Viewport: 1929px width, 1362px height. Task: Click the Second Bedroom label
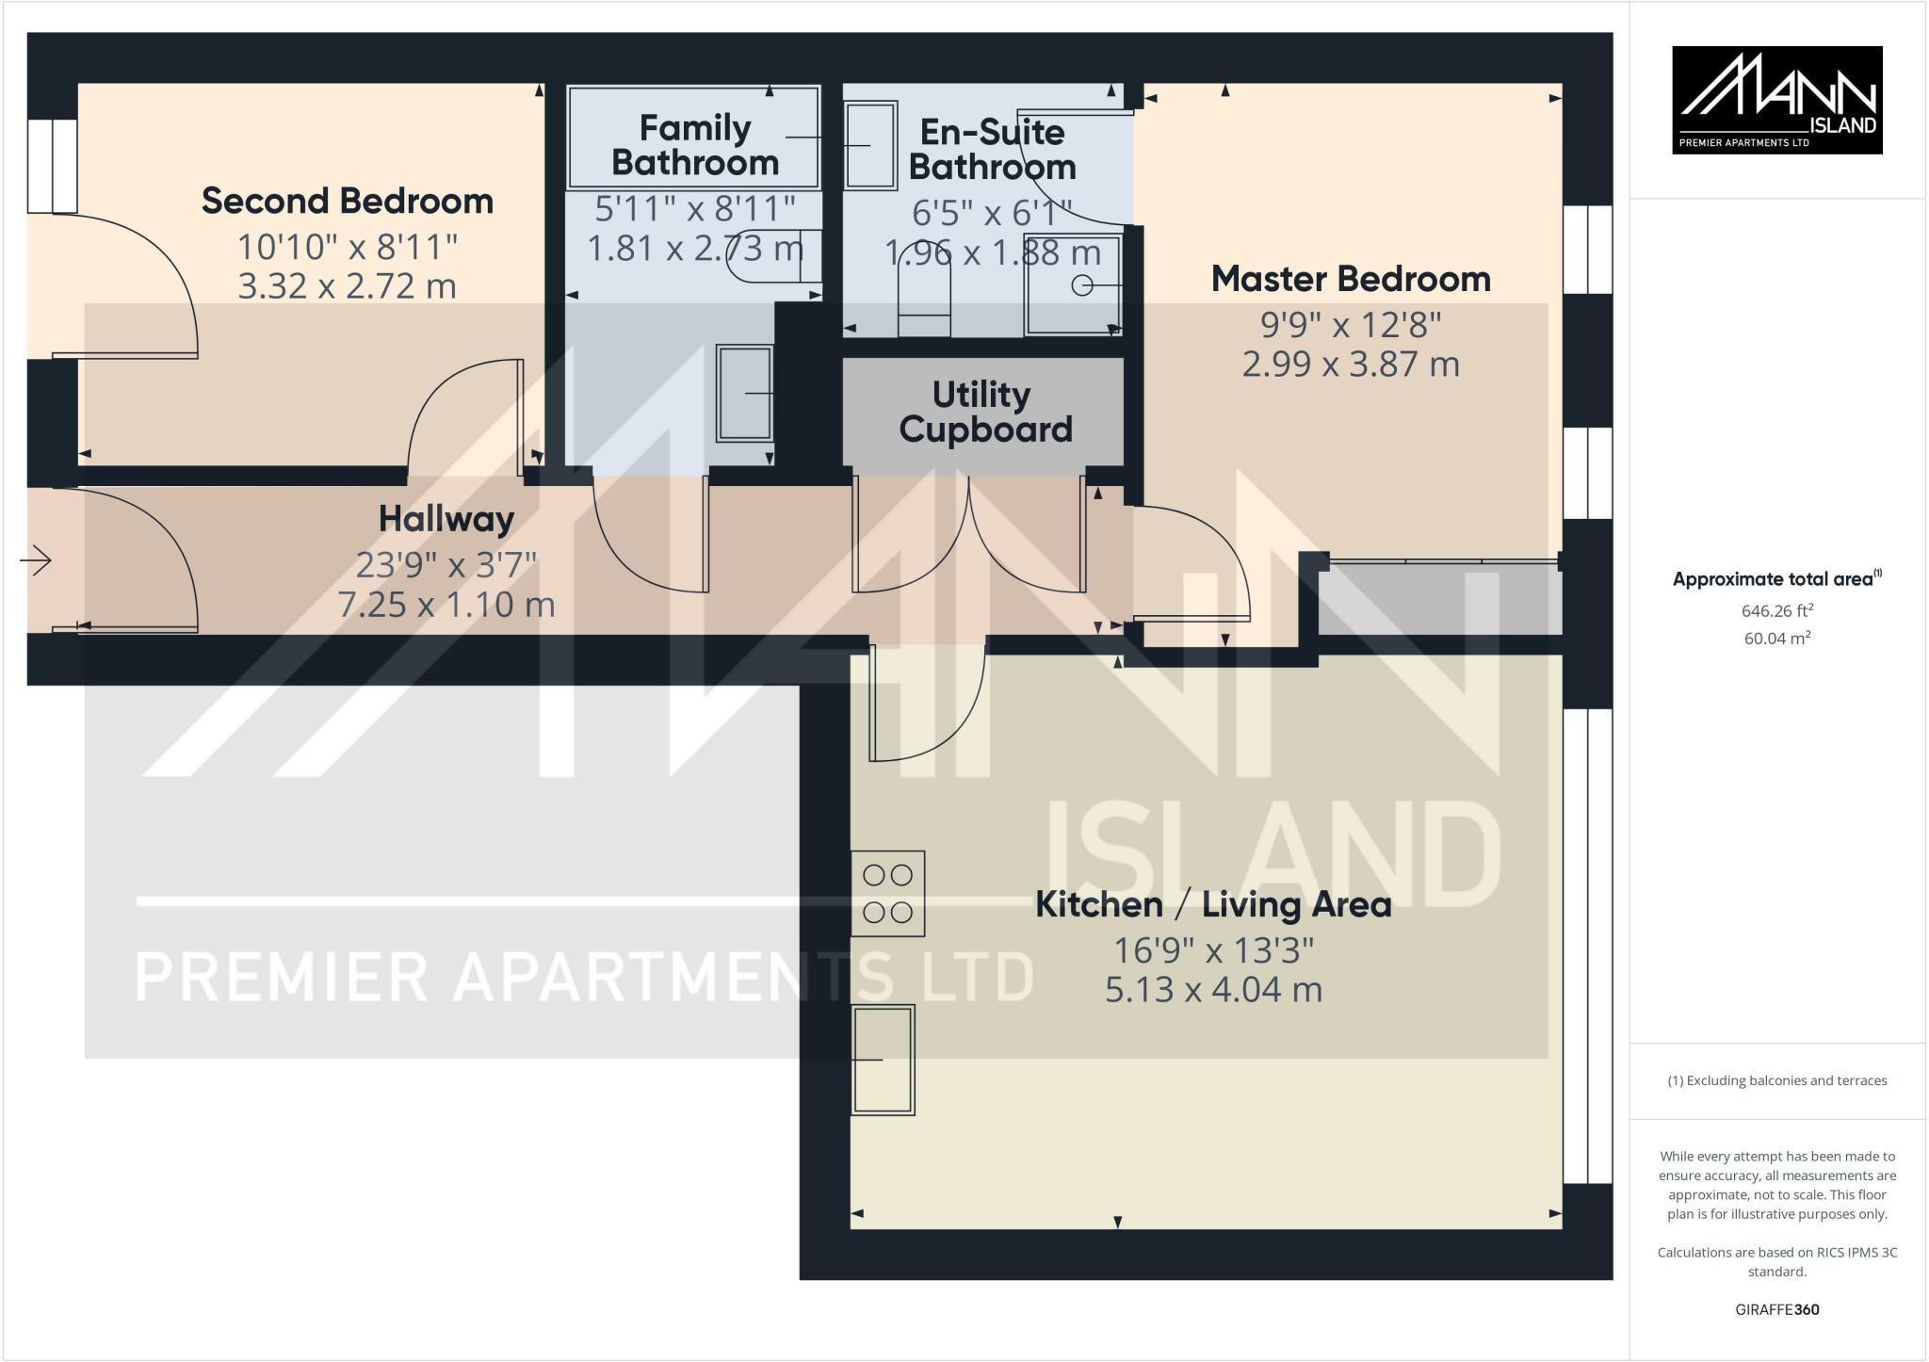point(348,201)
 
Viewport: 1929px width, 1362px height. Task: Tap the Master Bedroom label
point(1351,279)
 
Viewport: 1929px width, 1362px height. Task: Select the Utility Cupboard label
point(985,412)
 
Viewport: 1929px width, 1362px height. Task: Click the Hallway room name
point(446,518)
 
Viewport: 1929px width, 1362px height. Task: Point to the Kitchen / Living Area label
point(1213,904)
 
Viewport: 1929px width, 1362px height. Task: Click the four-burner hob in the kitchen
point(887,893)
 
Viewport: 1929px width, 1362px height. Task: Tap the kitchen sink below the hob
point(883,1060)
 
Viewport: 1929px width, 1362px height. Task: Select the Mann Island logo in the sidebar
point(1776,100)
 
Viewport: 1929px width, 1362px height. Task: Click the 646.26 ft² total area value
point(1776,610)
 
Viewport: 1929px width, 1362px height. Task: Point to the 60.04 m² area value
point(1776,639)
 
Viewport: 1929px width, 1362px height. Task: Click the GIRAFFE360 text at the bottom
point(1776,1309)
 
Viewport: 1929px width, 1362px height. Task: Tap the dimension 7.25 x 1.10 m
point(446,604)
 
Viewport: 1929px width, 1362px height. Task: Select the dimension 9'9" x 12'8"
point(1351,325)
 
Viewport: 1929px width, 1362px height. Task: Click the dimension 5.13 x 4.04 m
point(1213,990)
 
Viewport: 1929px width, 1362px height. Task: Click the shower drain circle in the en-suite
point(1082,284)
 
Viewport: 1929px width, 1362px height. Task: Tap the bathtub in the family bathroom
point(693,137)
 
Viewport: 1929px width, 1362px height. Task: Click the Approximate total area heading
point(1776,579)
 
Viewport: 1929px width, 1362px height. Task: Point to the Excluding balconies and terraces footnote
point(1776,1080)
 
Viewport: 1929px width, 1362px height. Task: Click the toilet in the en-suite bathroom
point(924,287)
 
